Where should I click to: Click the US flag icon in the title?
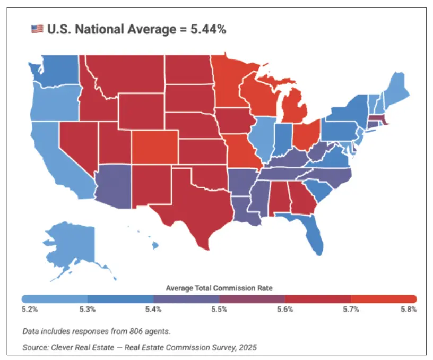37,30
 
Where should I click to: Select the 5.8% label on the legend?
409,308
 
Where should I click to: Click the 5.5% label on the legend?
219,308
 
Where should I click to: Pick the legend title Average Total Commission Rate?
219,288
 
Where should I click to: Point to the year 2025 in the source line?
248,347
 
